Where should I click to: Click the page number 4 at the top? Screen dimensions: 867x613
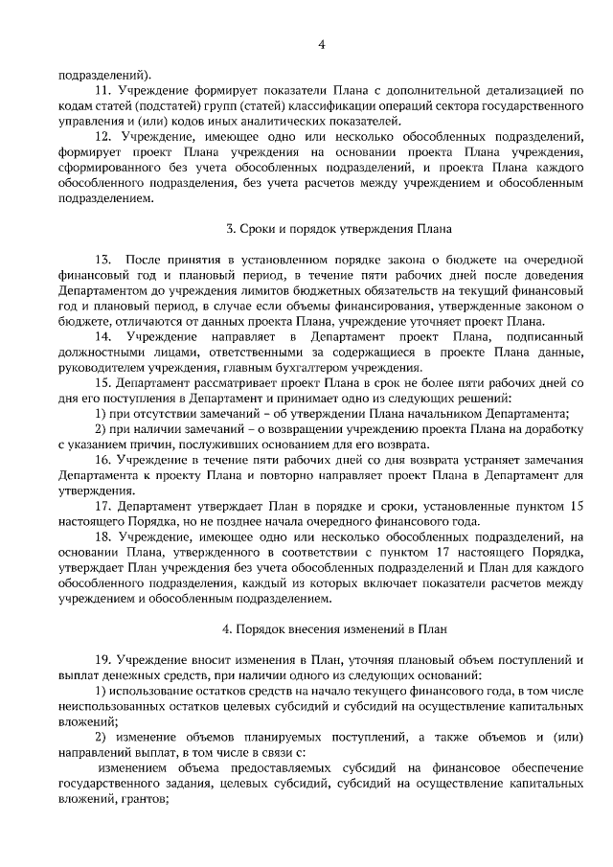tap(321, 44)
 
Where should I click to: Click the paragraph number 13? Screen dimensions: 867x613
tap(102, 261)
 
